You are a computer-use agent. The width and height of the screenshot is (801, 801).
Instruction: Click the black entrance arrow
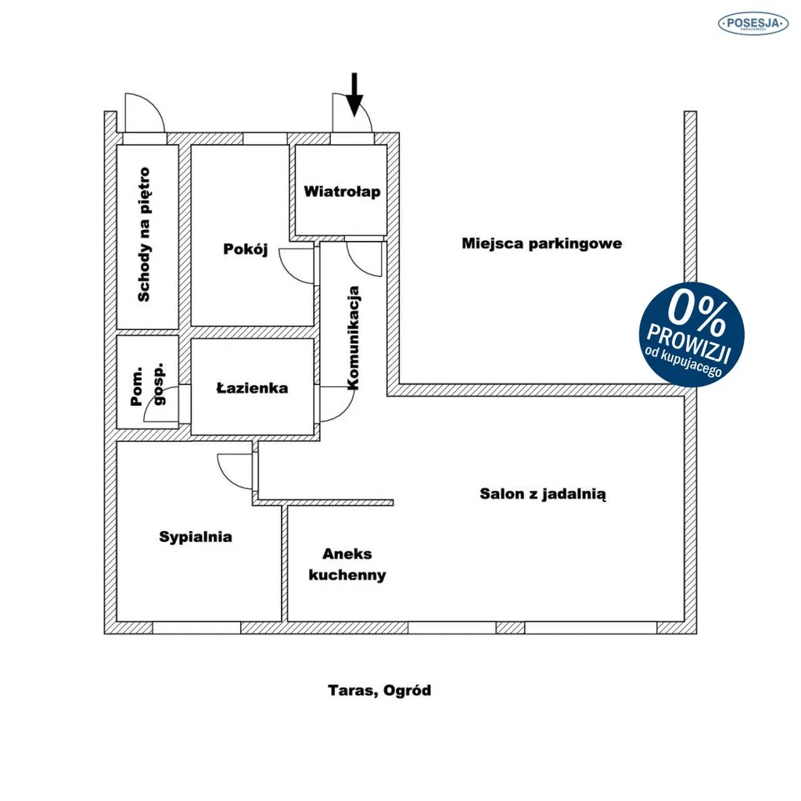point(354,95)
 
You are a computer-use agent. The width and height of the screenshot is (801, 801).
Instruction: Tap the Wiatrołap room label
point(342,192)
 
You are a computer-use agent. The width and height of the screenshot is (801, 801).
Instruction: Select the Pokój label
point(246,250)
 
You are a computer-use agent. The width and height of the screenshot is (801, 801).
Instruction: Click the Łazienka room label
point(253,388)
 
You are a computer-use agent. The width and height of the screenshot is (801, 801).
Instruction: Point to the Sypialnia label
point(196,537)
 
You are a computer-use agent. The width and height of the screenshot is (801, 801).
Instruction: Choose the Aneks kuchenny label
point(347,565)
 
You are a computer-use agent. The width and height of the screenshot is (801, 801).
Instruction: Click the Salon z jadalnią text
point(543,494)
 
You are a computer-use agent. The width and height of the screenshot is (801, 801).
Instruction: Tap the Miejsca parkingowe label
point(542,244)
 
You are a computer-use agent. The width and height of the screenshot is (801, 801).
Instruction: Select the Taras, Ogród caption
point(379,691)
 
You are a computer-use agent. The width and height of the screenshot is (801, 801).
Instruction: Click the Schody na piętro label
point(145,235)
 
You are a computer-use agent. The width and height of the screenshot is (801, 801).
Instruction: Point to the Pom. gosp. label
point(147,385)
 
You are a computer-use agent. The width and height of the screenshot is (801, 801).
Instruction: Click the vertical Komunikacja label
point(353,338)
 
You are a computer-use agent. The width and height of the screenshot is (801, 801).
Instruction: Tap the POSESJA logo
point(753,23)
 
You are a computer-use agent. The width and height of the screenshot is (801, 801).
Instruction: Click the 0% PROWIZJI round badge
point(691,334)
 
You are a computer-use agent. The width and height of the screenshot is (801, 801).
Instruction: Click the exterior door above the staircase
point(145,113)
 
